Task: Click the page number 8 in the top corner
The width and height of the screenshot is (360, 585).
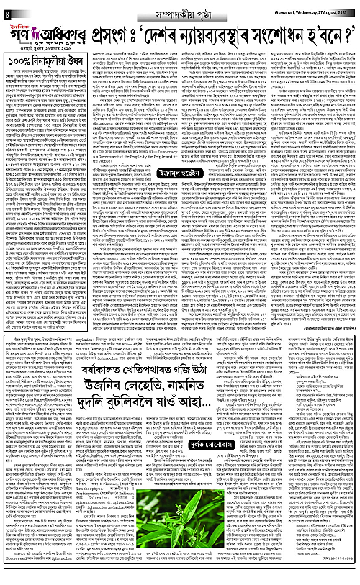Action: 6,8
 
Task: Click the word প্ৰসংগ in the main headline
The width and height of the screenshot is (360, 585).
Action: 114,32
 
